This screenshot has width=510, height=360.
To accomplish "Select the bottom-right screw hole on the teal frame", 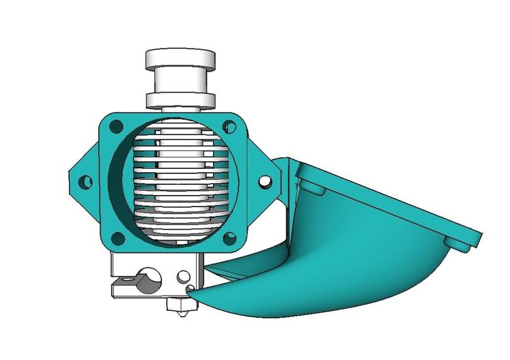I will pos(229,238).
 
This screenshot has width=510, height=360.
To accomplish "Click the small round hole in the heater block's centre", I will pos(183,277).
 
